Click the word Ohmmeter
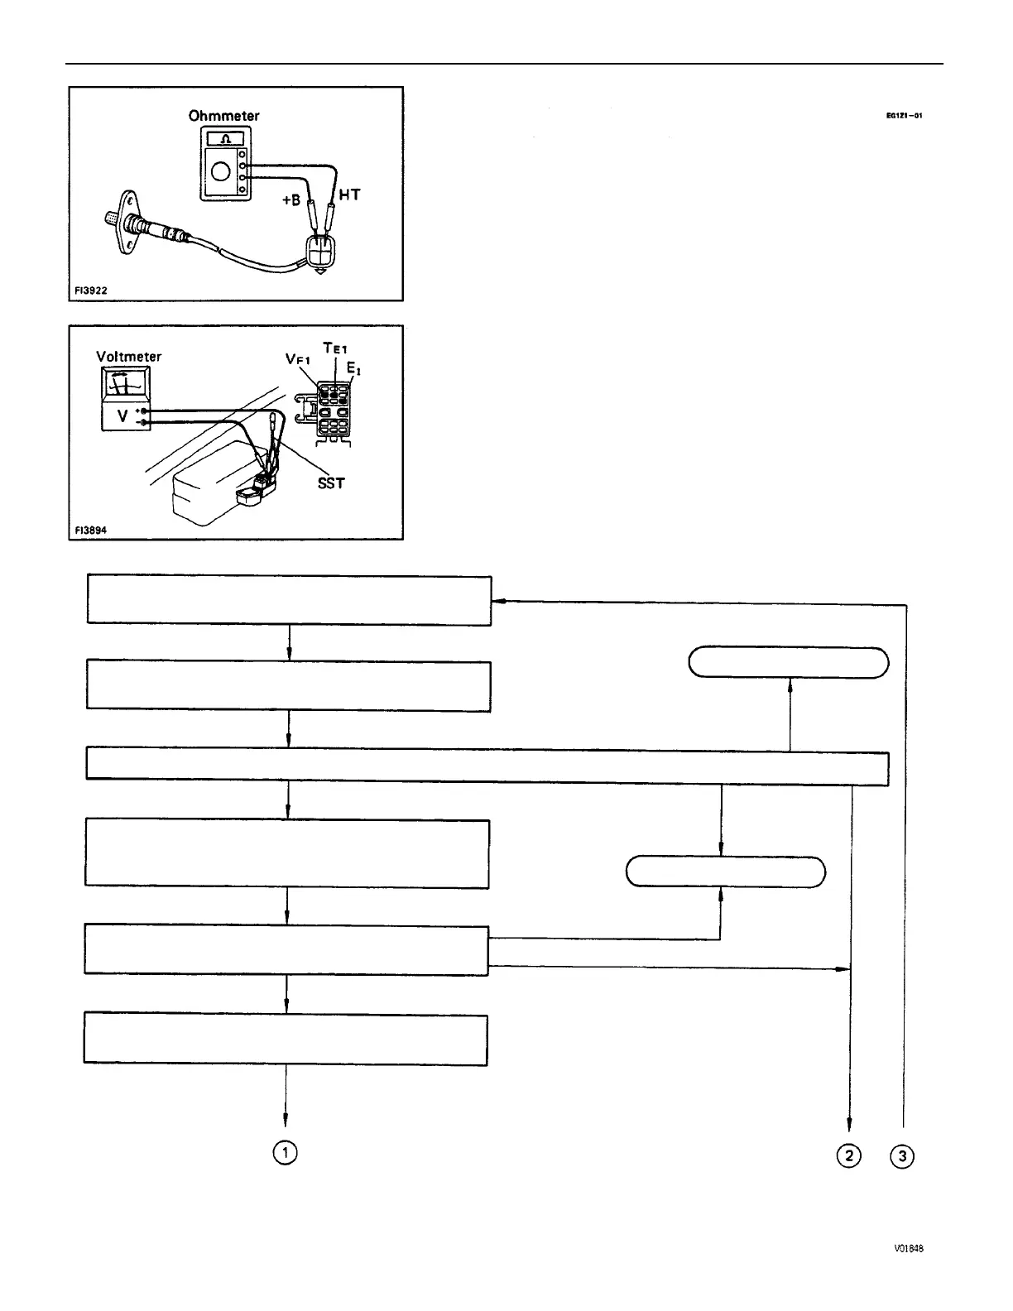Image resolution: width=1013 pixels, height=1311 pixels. pyautogui.click(x=223, y=116)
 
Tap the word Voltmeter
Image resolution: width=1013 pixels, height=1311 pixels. pyautogui.click(x=129, y=357)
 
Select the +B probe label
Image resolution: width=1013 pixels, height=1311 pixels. pyautogui.click(x=290, y=199)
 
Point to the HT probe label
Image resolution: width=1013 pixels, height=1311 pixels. pyautogui.click(x=349, y=194)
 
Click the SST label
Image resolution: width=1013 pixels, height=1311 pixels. pyautogui.click(x=331, y=483)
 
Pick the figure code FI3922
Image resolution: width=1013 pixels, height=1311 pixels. pyautogui.click(x=90, y=291)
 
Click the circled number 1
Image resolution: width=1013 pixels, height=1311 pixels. pyautogui.click(x=286, y=1153)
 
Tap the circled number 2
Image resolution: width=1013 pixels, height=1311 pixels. pyautogui.click(x=849, y=1155)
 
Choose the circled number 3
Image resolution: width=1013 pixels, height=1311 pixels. pyautogui.click(x=901, y=1155)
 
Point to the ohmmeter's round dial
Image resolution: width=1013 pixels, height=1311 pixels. pyautogui.click(x=220, y=172)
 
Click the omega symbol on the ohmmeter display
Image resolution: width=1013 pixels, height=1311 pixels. pyautogui.click(x=220, y=139)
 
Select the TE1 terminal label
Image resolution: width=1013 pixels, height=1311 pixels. pyautogui.click(x=335, y=349)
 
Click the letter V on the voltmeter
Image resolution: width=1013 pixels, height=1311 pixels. pyautogui.click(x=122, y=417)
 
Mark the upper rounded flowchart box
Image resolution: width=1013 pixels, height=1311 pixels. pyautogui.click(x=789, y=663)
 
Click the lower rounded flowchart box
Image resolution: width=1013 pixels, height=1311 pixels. pyautogui.click(x=725, y=872)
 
